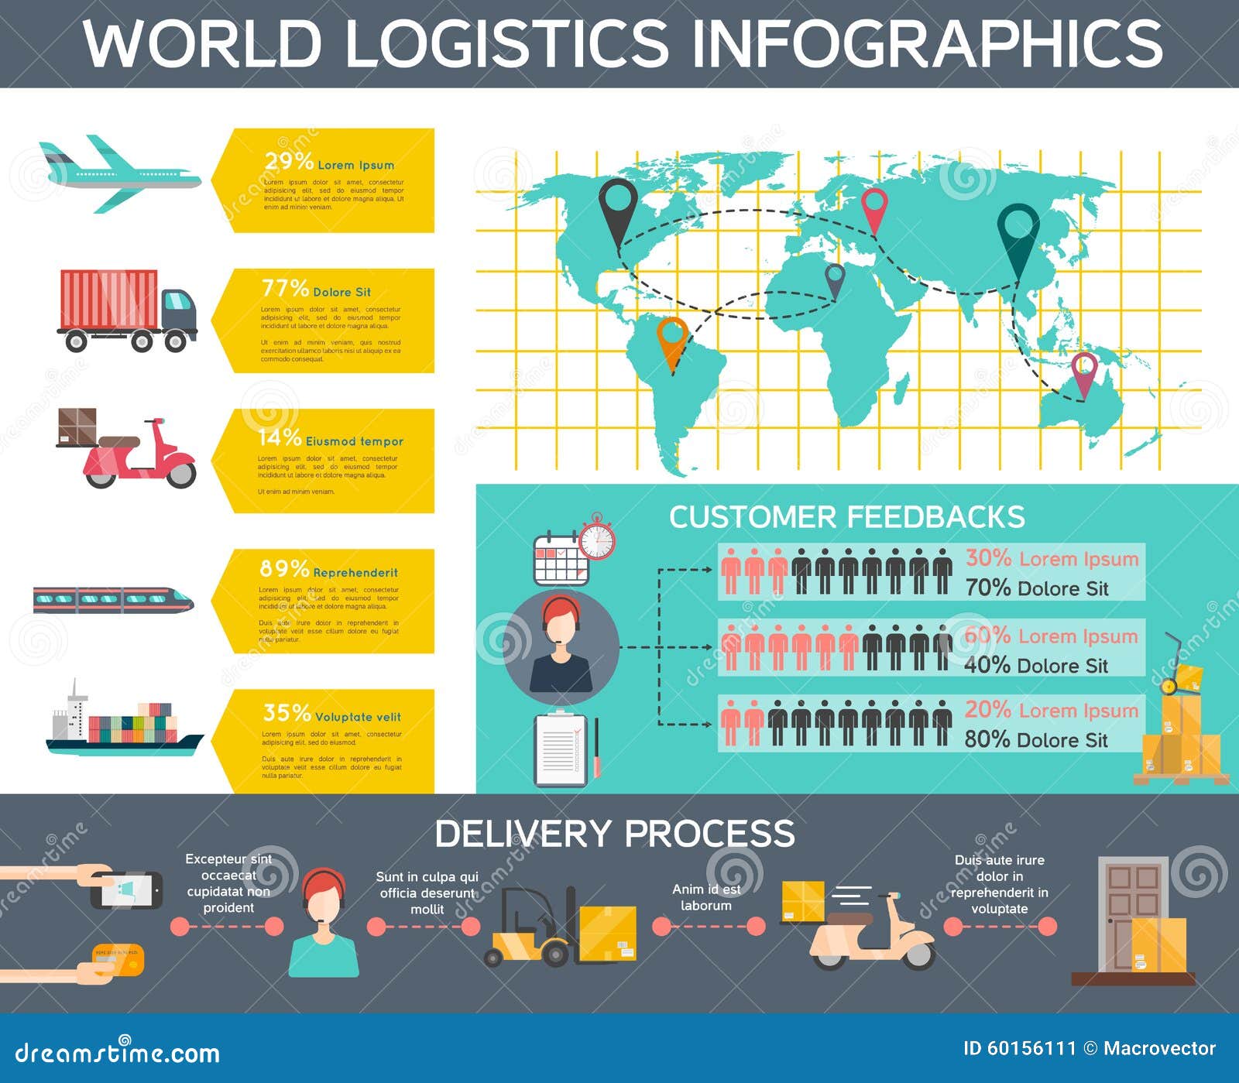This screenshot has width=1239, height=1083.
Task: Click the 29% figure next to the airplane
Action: pyautogui.click(x=288, y=162)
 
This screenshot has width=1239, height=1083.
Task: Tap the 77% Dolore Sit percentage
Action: pyautogui.click(x=285, y=289)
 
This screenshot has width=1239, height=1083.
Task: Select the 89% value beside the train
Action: pyautogui.click(x=284, y=569)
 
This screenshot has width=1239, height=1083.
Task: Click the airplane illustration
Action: pyautogui.click(x=120, y=175)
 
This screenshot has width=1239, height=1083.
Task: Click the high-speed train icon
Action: pyautogui.click(x=113, y=600)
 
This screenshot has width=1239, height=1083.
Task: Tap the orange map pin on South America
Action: pyautogui.click(x=672, y=341)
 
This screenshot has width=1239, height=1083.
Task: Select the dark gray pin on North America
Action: pyautogui.click(x=617, y=210)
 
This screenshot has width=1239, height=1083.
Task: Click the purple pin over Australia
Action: pyautogui.click(x=1084, y=374)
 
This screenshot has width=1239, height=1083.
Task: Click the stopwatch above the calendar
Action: pyautogui.click(x=597, y=536)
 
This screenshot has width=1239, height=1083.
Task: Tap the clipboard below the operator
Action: pyautogui.click(x=561, y=749)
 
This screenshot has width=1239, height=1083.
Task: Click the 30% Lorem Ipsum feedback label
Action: pyautogui.click(x=1052, y=559)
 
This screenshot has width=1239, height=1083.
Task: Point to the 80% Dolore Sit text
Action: pyautogui.click(x=1036, y=740)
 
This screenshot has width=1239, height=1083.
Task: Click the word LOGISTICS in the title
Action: pyautogui.click(x=506, y=43)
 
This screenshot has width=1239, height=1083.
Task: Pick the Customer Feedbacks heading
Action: pyautogui.click(x=846, y=517)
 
